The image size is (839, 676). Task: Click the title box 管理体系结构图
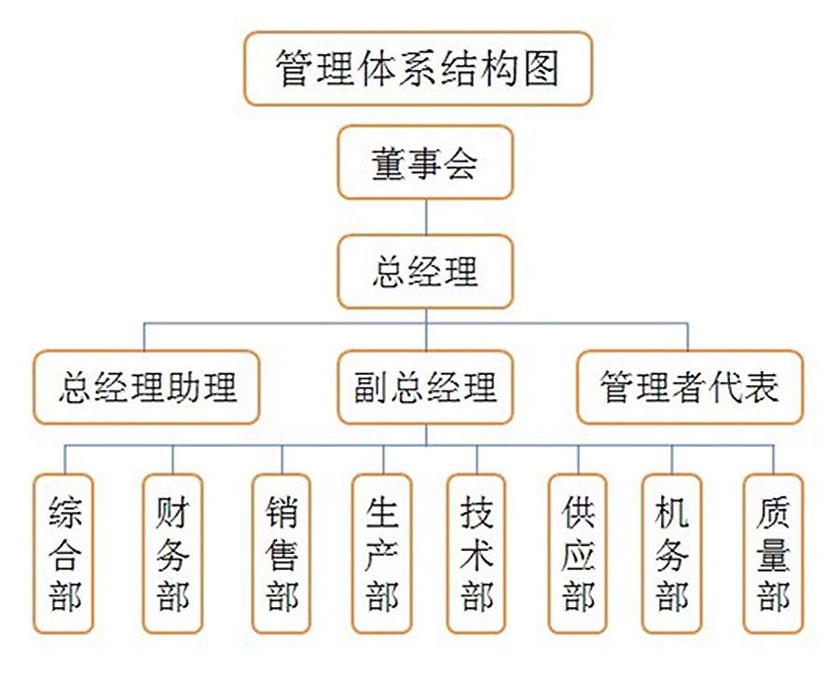click(418, 68)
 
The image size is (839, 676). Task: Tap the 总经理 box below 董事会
click(425, 272)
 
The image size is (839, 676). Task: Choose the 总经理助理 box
click(146, 387)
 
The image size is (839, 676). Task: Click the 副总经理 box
click(425, 387)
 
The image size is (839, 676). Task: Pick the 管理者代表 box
click(689, 387)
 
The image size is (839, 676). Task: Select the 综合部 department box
click(65, 555)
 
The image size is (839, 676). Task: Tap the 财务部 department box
click(173, 555)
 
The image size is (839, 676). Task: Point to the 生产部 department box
click(382, 555)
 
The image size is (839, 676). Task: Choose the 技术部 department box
click(477, 555)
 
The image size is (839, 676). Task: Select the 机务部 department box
click(672, 555)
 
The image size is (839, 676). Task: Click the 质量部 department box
click(773, 555)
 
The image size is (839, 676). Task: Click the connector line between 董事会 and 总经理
click(425, 217)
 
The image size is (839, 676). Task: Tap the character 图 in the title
click(542, 68)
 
